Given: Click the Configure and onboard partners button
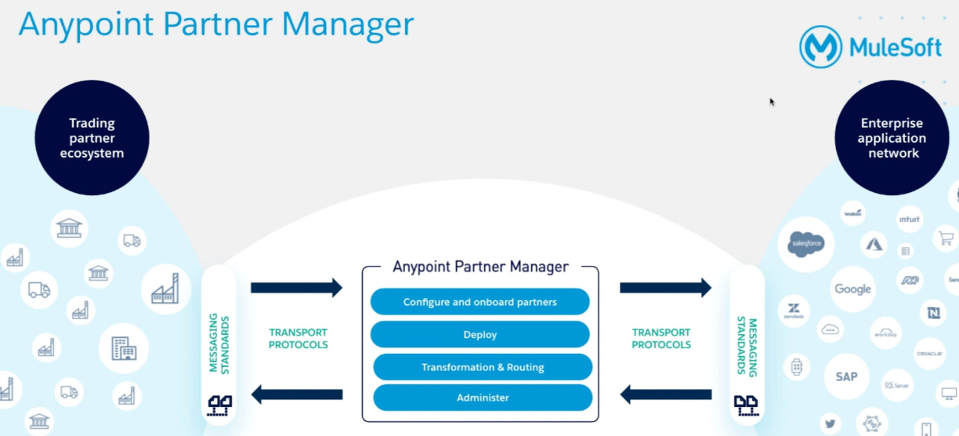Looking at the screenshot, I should point(479,302).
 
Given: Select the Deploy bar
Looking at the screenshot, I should point(479,335).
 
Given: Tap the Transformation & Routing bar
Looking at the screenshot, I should point(483,367).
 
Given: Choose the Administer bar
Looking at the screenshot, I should point(483,398).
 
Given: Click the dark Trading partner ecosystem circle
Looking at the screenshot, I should point(92,138).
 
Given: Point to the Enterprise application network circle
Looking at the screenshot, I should point(892,138).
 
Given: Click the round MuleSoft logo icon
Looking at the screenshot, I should point(820,47).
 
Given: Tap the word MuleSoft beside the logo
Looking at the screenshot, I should point(895,48).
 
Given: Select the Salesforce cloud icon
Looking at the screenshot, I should point(806,244).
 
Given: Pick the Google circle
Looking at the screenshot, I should point(852,289).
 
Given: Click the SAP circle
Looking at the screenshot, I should point(846,376).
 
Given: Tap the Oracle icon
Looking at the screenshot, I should point(929,354).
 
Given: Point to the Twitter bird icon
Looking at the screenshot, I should point(830,423).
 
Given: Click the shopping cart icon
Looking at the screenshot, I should point(946,238).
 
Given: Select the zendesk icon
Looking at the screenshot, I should point(794,311).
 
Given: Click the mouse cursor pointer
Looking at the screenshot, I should point(772,101).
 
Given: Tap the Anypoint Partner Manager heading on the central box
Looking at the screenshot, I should point(480,267).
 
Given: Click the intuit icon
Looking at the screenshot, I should point(909,220).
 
